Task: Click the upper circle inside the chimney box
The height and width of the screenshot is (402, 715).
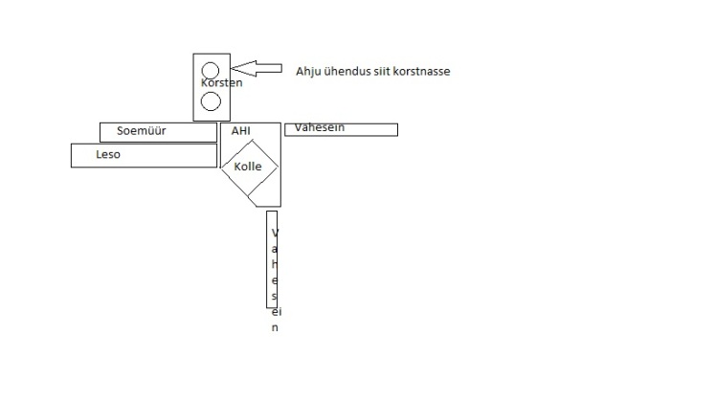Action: pyautogui.click(x=211, y=70)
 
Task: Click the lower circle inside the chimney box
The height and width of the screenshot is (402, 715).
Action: pyautogui.click(x=211, y=99)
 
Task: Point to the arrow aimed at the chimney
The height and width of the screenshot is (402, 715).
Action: pyautogui.click(x=257, y=68)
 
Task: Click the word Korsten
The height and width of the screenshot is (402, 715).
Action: pyautogui.click(x=221, y=83)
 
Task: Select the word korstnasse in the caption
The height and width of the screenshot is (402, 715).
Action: pyautogui.click(x=420, y=71)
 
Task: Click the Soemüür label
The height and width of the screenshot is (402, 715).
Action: pyautogui.click(x=142, y=131)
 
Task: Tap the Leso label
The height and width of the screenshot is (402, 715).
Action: pyautogui.click(x=108, y=154)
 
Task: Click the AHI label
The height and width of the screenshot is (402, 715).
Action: pyautogui.click(x=240, y=130)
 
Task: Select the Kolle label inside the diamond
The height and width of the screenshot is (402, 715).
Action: pyautogui.click(x=248, y=167)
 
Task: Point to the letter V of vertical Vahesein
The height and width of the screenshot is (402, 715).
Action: pyautogui.click(x=275, y=234)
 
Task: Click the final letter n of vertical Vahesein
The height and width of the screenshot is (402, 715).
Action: pyautogui.click(x=275, y=327)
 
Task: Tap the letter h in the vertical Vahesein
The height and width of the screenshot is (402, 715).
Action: pyautogui.click(x=275, y=265)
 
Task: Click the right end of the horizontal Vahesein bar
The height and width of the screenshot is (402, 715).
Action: pyautogui.click(x=395, y=129)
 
